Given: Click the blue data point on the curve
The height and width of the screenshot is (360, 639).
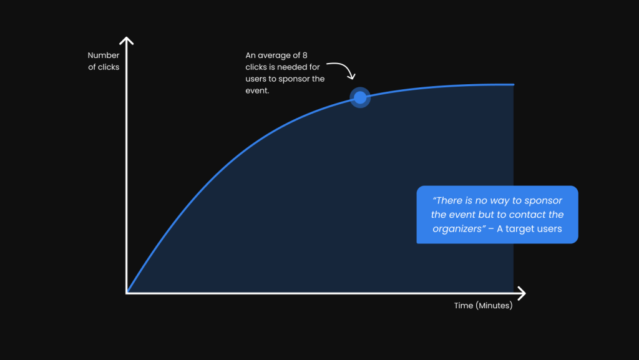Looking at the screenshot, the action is [360, 98].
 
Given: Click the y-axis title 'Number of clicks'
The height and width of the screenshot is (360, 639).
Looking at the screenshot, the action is [104, 61].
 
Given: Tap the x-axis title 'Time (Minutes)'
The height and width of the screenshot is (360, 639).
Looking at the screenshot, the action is [484, 306].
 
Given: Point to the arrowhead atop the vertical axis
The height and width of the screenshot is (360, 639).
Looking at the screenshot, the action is [126, 41].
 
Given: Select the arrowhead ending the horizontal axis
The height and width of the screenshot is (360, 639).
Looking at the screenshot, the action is [522, 293].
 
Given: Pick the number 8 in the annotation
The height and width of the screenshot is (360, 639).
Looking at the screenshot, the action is [305, 56].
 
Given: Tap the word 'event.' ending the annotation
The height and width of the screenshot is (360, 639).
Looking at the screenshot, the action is [257, 91].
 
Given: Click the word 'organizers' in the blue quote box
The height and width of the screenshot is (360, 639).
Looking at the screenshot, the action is [459, 229].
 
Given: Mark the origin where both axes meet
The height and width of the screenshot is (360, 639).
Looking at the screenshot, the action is [126, 293].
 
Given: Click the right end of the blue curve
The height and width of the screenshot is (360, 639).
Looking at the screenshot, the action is [514, 84].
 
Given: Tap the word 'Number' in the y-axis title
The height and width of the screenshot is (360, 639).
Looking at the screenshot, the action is [104, 56].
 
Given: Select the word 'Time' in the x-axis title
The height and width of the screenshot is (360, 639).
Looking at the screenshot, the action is [464, 306].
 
